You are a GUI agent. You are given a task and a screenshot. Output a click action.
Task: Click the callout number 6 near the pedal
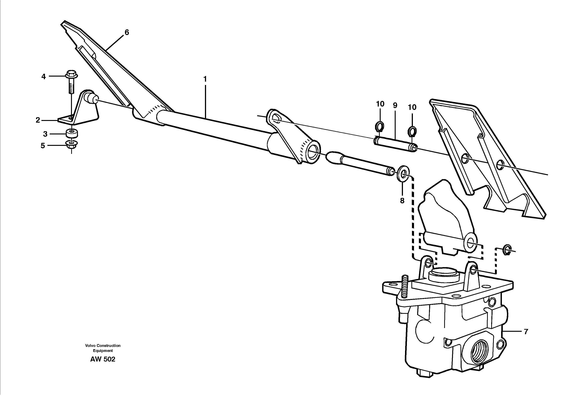pos(127,32)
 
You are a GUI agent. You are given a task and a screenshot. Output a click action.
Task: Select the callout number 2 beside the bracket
pos(38,120)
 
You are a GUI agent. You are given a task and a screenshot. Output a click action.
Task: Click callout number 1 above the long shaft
pos(205,79)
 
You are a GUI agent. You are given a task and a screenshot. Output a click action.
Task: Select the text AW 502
pos(103,359)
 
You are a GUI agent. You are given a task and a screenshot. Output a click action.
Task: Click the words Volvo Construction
pos(103,346)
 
